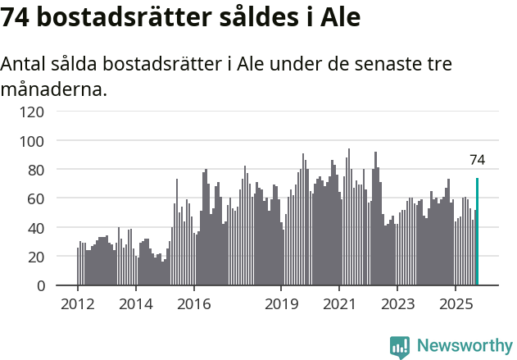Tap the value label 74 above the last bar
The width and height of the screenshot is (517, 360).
point(477,160)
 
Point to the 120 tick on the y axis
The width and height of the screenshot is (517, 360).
point(32,112)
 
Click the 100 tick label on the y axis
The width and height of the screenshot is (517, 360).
point(32,141)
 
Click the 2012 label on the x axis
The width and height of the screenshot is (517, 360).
point(78,304)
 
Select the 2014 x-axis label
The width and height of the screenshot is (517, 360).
point(135,304)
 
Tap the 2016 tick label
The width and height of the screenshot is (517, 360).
point(193,304)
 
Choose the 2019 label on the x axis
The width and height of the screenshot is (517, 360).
point(281,304)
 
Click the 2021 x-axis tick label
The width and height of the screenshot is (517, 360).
point(338,304)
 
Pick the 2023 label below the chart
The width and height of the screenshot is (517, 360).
point(397,304)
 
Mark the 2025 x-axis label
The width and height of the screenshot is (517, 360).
point(455,304)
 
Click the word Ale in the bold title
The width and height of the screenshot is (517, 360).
point(337,17)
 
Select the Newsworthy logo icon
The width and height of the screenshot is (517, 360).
point(400,347)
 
